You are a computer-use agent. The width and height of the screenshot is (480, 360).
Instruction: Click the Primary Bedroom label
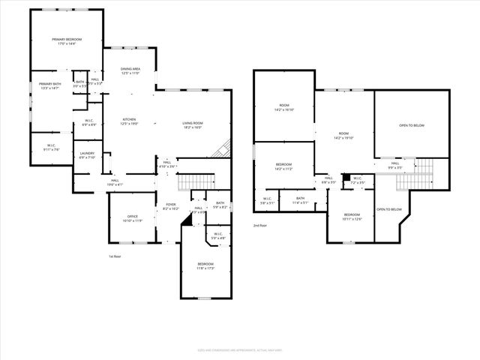tap(67, 41)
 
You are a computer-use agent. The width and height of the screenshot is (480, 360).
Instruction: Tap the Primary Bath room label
tap(50, 85)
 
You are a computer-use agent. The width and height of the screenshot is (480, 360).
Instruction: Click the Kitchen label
tap(129, 122)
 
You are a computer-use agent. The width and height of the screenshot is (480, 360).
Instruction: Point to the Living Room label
tap(193, 125)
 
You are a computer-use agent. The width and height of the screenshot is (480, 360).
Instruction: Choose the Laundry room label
tap(87, 155)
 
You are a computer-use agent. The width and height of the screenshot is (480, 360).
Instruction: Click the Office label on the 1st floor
tap(131, 219)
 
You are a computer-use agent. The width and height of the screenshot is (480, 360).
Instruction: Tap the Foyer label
tap(171, 206)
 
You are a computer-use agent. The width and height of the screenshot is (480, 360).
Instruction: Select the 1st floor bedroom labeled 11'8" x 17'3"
tap(205, 265)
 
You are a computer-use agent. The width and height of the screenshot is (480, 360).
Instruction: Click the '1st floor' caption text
tap(115, 256)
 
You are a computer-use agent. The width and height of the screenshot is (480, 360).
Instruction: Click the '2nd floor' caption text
tap(260, 224)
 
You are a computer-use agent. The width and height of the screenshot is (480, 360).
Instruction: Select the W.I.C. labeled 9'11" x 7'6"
tap(52, 146)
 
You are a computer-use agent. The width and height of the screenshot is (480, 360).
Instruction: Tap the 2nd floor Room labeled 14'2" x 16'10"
tap(283, 108)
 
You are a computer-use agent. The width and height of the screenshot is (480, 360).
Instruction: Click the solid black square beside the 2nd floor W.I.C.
tap(346, 179)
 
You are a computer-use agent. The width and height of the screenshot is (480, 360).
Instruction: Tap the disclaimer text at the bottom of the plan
tap(239, 349)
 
